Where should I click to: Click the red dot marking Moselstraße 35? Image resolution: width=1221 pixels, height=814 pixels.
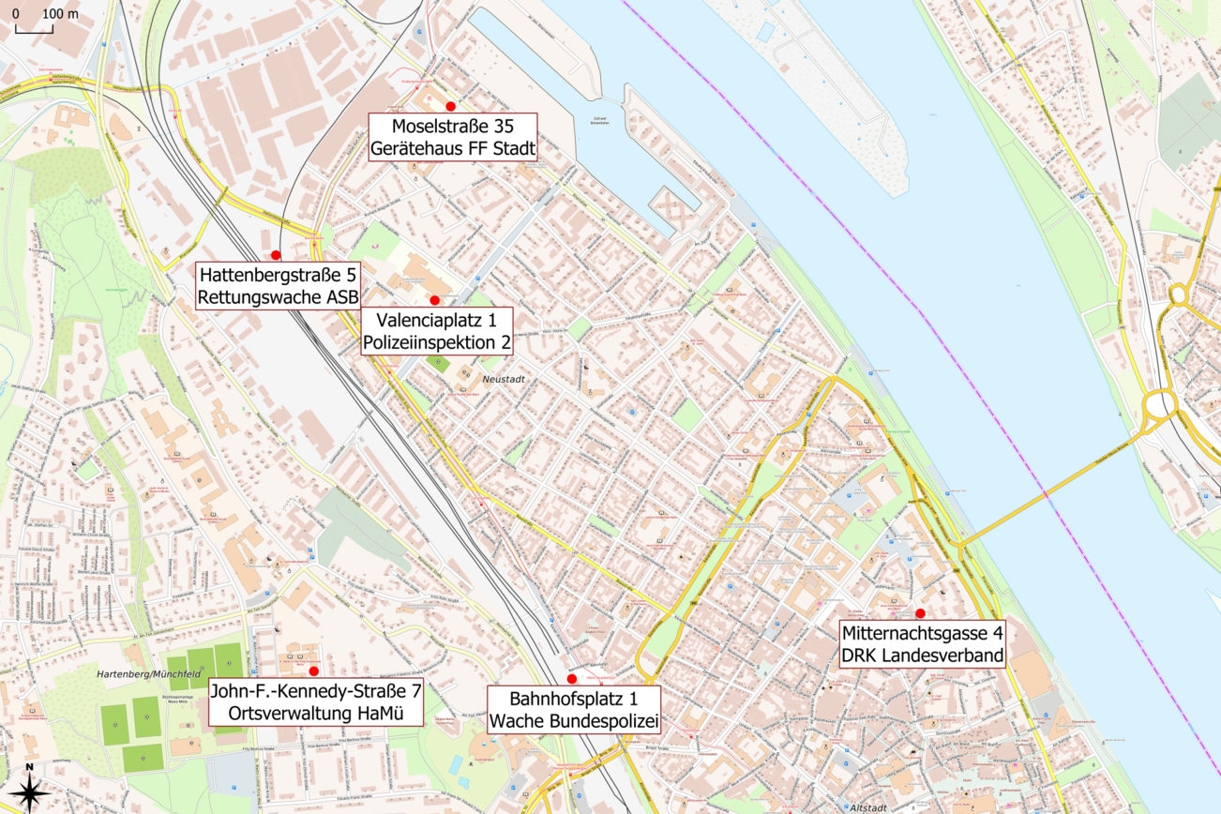click(450, 106)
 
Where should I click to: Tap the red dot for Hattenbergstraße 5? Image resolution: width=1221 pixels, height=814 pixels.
click(276, 255)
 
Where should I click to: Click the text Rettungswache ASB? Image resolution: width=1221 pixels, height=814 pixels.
click(278, 297)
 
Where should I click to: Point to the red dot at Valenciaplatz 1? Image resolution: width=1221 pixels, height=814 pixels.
click(434, 300)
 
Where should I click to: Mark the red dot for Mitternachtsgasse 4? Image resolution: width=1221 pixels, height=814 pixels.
click(920, 613)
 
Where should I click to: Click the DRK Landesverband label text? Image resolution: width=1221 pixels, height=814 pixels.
click(922, 655)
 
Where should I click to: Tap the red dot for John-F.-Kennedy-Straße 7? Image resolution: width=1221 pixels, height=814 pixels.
click(313, 671)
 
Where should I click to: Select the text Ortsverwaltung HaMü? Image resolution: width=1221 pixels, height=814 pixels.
click(314, 714)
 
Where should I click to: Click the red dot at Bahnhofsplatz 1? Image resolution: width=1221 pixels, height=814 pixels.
click(572, 679)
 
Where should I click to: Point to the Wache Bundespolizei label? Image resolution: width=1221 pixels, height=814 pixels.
click(572, 721)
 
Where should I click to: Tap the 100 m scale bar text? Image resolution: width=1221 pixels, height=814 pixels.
click(61, 14)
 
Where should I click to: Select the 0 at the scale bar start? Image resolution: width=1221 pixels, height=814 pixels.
click(17, 14)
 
